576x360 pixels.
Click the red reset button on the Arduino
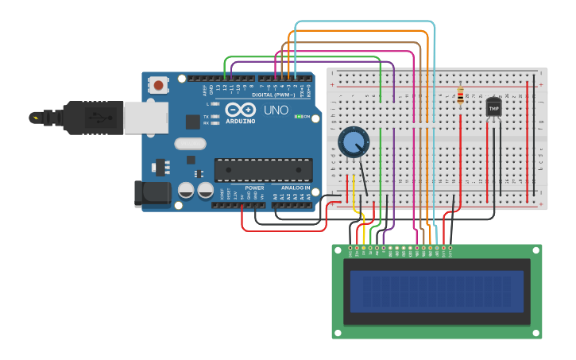[x=159, y=84]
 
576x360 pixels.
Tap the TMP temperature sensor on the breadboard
[x=493, y=107]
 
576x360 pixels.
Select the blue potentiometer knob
[x=353, y=142]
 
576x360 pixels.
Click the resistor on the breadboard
[x=461, y=97]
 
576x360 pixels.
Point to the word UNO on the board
[x=276, y=110]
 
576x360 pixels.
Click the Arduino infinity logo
[x=239, y=110]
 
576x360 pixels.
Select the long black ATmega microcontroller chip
[x=263, y=169]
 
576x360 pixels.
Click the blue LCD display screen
[x=437, y=291]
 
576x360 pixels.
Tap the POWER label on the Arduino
[x=254, y=188]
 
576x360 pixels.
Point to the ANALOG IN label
[x=296, y=188]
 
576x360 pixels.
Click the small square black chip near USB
[x=192, y=122]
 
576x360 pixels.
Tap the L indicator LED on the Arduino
[x=215, y=104]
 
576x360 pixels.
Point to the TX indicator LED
[x=215, y=116]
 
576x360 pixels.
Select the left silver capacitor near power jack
[x=186, y=191]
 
